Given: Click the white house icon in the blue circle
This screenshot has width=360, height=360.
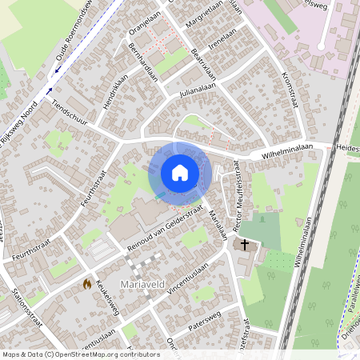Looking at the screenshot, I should (x=180, y=173).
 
